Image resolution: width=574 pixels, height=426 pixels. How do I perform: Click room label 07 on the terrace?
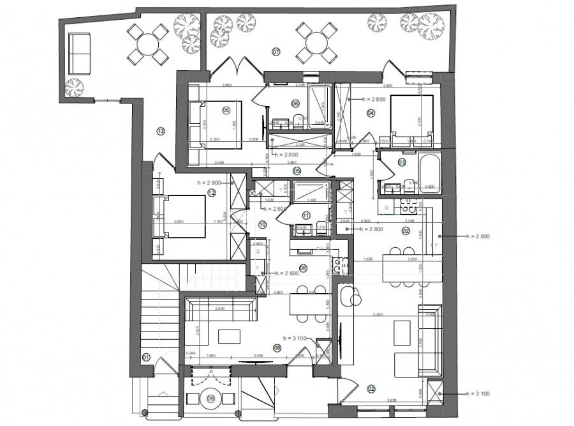click(x=276, y=50)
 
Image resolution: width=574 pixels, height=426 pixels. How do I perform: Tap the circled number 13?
click(x=161, y=131)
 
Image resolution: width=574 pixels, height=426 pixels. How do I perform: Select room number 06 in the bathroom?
click(x=295, y=103)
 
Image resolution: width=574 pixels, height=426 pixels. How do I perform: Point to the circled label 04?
click(x=371, y=113)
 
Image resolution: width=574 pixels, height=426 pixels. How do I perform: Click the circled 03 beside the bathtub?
click(x=402, y=163)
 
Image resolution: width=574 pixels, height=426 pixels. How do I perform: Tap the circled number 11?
click(x=306, y=215)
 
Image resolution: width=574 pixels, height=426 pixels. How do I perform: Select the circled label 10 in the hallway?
click(x=262, y=224)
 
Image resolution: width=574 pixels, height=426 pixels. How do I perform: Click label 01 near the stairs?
click(x=145, y=357)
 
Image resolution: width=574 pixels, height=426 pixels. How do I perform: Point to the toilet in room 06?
click(x=298, y=118)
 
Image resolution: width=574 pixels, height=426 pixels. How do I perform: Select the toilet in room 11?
click(x=300, y=230)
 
